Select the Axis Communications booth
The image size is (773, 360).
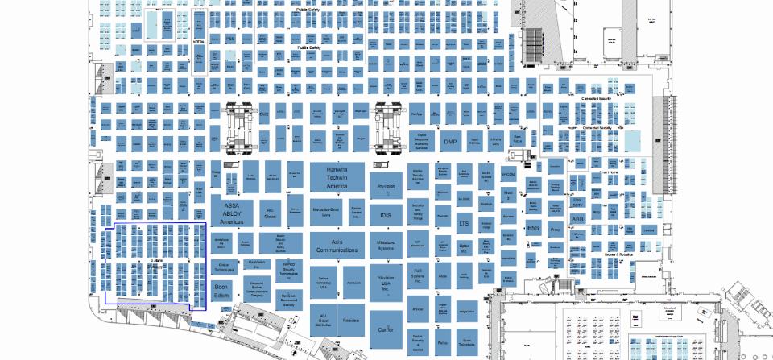(x=336, y=246)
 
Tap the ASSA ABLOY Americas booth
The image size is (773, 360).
(x=233, y=213)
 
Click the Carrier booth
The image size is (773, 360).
(x=385, y=328)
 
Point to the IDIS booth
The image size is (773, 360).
(x=385, y=216)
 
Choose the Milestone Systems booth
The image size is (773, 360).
(x=385, y=245)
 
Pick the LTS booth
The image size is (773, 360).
(x=464, y=223)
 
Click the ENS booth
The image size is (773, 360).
(x=532, y=228)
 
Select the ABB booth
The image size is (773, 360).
(x=577, y=218)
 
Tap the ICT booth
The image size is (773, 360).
(x=215, y=139)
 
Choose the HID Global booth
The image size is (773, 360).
(x=271, y=214)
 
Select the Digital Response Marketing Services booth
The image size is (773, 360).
(x=420, y=143)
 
